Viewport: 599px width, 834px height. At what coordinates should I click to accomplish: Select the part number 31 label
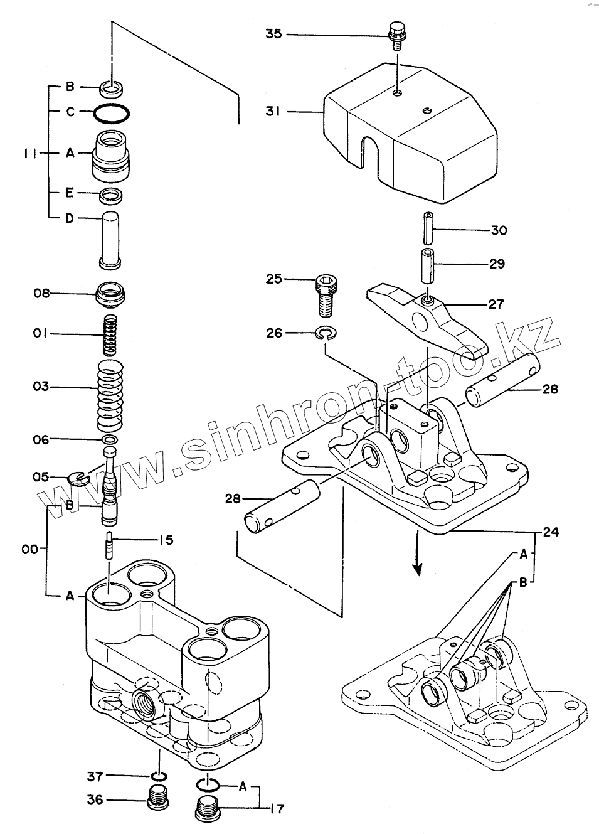[x=274, y=112]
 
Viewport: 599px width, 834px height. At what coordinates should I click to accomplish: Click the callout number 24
[x=551, y=532]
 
